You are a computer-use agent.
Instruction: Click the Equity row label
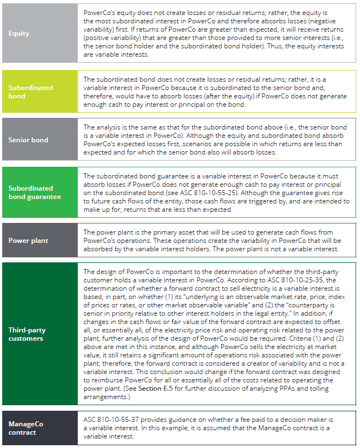19,33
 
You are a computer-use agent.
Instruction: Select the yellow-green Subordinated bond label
31,92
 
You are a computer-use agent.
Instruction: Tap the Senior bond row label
28,140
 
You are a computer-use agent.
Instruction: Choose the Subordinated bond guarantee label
34,192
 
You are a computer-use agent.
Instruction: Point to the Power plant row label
28,241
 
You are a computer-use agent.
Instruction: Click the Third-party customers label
27,334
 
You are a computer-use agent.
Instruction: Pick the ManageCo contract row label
26,428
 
